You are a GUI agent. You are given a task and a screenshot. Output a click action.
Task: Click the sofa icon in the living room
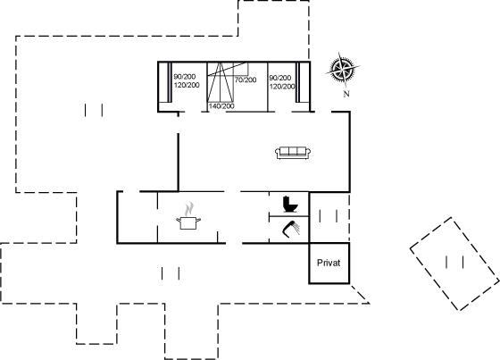click(293, 153)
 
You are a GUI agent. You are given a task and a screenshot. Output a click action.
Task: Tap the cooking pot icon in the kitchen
click(188, 222)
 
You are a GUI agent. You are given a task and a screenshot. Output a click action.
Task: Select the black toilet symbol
click(290, 204)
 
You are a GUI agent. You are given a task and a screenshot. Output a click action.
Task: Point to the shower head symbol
click(291, 230)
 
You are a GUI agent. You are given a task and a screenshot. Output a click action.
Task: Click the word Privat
click(329, 263)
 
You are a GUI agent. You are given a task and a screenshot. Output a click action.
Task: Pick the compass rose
click(343, 70)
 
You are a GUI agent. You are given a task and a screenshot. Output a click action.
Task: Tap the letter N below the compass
click(346, 94)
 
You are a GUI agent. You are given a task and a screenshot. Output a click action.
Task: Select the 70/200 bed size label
click(246, 80)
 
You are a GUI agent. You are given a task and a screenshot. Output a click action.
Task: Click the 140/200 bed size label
click(221, 106)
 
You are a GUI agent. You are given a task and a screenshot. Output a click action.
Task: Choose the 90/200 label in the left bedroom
click(185, 77)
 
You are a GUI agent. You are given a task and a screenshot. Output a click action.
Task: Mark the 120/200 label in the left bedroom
click(187, 85)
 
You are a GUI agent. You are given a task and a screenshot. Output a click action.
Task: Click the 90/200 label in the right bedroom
click(280, 78)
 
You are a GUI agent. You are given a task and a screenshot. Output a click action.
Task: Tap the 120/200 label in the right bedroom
click(282, 86)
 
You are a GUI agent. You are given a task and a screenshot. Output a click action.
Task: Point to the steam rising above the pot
click(189, 208)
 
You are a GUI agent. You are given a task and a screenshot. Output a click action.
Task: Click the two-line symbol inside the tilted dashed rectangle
click(454, 262)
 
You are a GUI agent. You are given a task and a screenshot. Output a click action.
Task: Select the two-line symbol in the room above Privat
click(329, 216)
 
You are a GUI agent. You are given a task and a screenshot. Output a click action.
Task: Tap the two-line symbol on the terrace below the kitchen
click(171, 273)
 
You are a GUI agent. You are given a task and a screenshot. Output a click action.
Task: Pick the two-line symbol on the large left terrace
click(94, 110)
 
